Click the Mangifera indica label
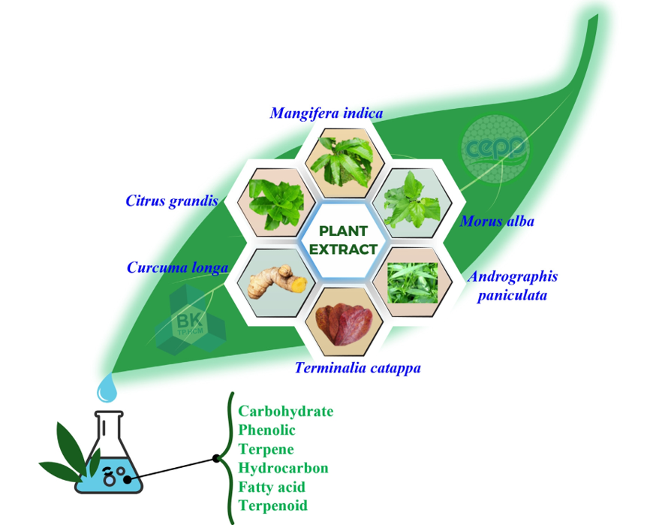pyautogui.click(x=326, y=113)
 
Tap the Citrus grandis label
pyautogui.click(x=172, y=201)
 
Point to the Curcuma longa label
pyautogui.click(x=177, y=267)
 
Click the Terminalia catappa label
pyautogui.click(x=357, y=368)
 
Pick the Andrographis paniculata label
pyautogui.click(x=513, y=285)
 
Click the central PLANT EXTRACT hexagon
pyautogui.click(x=343, y=240)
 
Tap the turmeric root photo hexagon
pyautogui.click(x=272, y=282)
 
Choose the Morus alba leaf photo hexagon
pyautogui.click(x=413, y=199)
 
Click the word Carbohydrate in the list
pyautogui.click(x=285, y=412)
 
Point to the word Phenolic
pyautogui.click(x=266, y=430)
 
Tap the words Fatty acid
pyautogui.click(x=272, y=487)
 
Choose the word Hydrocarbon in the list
pyautogui.click(x=283, y=468)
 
